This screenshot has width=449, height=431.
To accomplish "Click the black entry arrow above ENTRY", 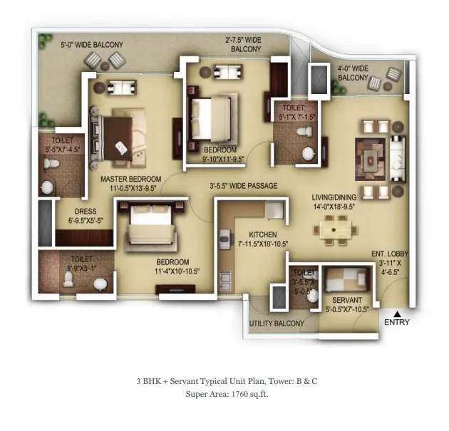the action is click(397, 313).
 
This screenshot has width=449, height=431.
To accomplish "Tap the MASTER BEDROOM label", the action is click(131, 179).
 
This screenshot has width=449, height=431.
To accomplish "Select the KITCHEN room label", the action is click(263, 234).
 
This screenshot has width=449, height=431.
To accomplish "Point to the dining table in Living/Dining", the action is click(335, 230).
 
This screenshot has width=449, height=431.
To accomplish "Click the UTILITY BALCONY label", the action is click(277, 323).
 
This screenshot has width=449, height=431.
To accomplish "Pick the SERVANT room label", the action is click(347, 300).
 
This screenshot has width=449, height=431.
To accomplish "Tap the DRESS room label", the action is click(86, 212).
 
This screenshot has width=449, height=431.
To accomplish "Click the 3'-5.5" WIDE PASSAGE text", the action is click(244, 186).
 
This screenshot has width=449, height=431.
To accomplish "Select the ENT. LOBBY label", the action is click(390, 254).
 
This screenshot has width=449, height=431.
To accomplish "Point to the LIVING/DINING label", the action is click(334, 197).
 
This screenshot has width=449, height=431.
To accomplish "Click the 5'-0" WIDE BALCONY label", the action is click(92, 45).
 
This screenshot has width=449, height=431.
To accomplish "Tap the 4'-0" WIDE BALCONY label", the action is click(353, 73).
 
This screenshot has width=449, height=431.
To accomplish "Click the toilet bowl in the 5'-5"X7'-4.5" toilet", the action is click(51, 164).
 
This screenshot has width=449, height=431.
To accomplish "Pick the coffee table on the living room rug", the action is click(371, 159).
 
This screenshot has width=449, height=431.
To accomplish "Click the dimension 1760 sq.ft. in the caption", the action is click(249, 394).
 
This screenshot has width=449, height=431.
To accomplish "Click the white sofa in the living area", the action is click(398, 159).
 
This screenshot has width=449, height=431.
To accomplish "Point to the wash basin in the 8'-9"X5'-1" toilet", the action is click(100, 284).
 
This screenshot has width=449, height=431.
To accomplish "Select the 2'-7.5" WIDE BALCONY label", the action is click(245, 44).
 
